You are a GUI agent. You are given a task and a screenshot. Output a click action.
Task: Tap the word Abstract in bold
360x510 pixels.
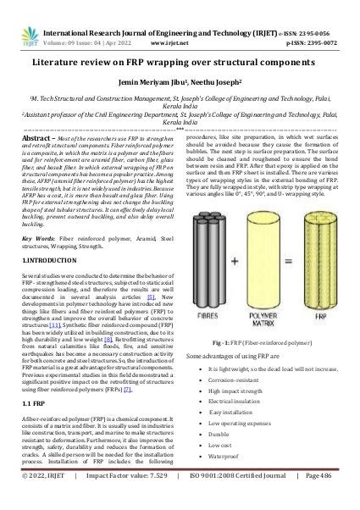pos(35,136)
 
